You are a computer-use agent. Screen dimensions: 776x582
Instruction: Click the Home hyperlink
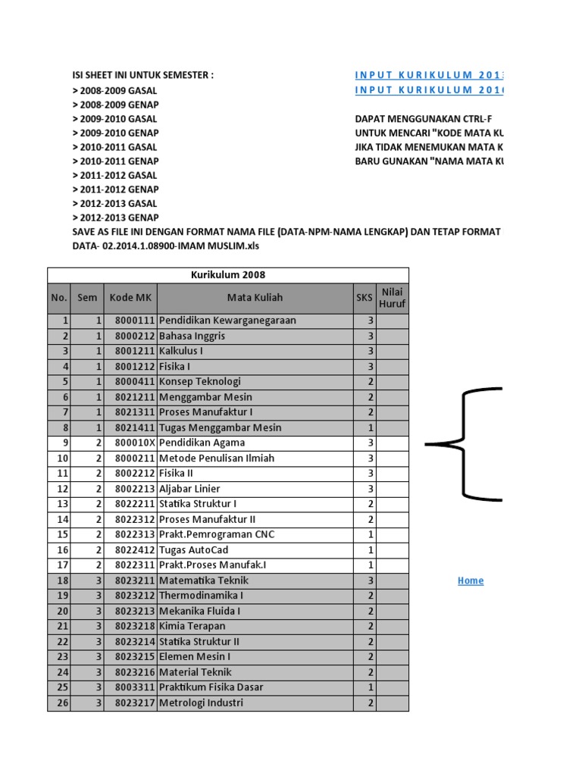(470, 580)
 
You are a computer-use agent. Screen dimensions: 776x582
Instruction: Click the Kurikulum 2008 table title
(228, 275)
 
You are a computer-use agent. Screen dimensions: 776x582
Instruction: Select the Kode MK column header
(130, 298)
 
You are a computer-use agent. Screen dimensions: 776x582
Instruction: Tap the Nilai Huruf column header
(393, 298)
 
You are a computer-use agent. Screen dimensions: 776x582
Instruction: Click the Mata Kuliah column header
(255, 298)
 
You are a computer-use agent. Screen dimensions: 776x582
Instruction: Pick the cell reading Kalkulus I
(181, 351)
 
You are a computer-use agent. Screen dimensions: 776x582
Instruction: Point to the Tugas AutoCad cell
(194, 549)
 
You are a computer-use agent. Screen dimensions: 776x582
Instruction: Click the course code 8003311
(135, 687)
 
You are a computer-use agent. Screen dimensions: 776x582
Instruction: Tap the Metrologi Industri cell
(202, 702)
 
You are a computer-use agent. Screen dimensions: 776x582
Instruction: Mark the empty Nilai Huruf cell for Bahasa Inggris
(393, 336)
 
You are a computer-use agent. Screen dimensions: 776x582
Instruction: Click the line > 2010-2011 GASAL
(115, 147)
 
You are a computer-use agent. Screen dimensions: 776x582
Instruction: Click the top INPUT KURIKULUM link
(428, 75)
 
